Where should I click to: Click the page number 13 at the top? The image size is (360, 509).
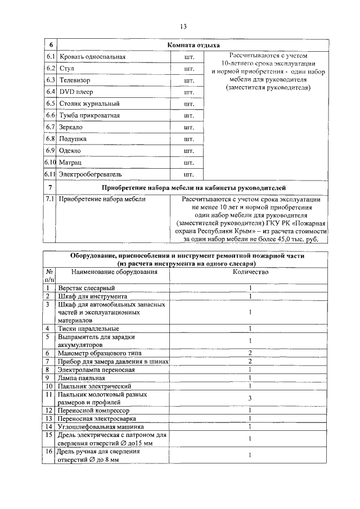[183, 26]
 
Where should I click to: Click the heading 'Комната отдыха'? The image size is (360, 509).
[193, 45]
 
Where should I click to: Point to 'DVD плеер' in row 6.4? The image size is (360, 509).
[76, 92]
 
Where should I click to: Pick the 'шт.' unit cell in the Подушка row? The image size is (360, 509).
[188, 139]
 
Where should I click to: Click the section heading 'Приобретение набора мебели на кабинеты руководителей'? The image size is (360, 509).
[193, 187]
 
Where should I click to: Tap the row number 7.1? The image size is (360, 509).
[49, 199]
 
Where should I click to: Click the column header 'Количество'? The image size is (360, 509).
[250, 272]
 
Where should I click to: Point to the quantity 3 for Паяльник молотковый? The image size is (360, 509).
[250, 398]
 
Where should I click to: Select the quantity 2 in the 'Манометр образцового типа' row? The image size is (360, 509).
[250, 353]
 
